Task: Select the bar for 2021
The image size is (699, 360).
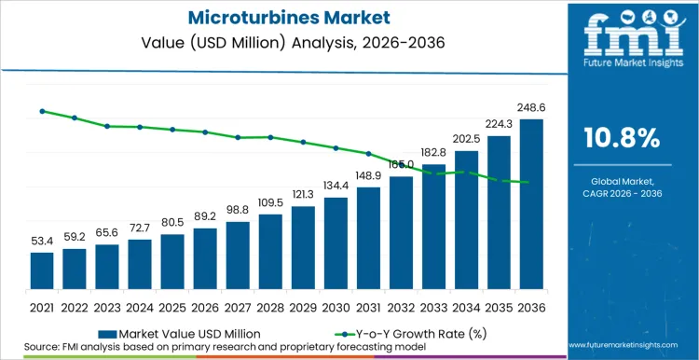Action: tap(42, 271)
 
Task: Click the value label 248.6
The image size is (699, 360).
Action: tap(531, 108)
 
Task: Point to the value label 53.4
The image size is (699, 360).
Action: tap(42, 242)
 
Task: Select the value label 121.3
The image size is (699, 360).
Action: tap(303, 195)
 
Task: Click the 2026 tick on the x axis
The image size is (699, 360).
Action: tap(205, 307)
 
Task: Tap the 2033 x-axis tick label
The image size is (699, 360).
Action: tap(433, 307)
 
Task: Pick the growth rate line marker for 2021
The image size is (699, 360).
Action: tap(42, 111)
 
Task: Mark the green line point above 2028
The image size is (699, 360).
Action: tap(270, 137)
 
